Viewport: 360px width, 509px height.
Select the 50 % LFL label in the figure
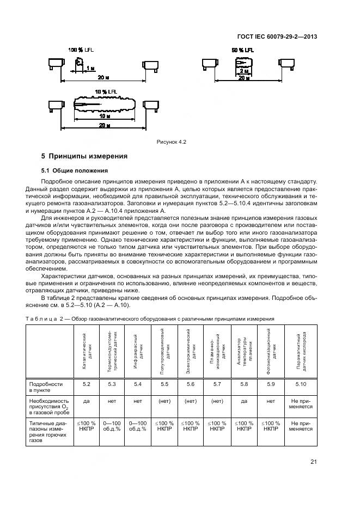coord(242,50)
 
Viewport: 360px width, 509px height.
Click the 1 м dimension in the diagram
coord(90,68)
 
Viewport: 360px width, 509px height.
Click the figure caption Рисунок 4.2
coord(172,142)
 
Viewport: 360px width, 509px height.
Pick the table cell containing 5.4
coord(138,384)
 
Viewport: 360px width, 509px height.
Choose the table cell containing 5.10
coord(301,384)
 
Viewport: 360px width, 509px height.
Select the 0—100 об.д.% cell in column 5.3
coord(112,426)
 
